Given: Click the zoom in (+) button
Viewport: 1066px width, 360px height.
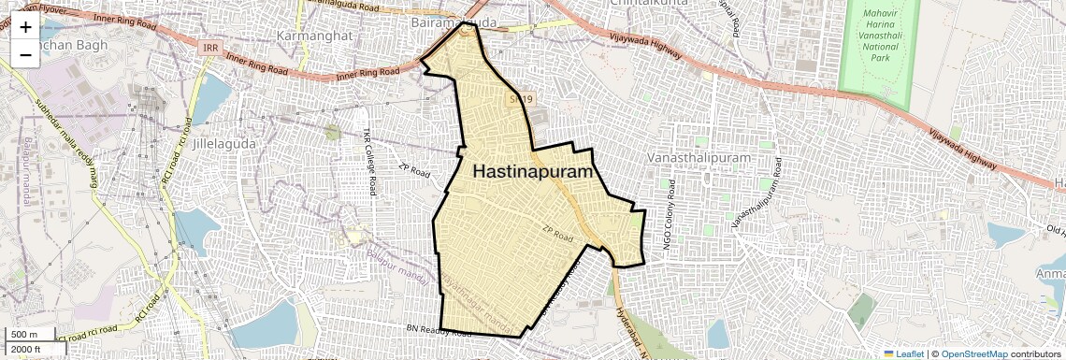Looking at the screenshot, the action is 25,28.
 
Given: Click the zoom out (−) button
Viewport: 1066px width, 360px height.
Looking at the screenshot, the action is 25,55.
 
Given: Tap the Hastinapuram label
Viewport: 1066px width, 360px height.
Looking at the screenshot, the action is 534,172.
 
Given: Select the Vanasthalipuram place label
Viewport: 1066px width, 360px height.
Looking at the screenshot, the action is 699,158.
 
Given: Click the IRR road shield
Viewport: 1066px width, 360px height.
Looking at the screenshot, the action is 210,46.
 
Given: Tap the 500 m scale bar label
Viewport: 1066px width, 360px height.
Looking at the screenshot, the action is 25,335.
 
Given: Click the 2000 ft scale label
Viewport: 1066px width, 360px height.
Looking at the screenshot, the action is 28,349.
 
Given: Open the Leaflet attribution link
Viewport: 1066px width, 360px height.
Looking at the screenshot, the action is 903,353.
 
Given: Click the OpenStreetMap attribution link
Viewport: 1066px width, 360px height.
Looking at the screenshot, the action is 973,353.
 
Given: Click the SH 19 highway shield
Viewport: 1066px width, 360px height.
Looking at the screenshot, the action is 521,97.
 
